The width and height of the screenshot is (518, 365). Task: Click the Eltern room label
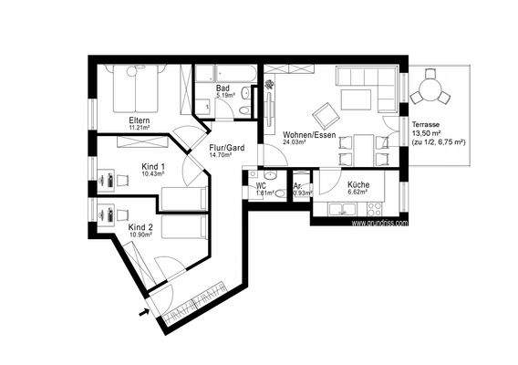[x=140, y=120]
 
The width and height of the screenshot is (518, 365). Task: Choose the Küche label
[x=358, y=185]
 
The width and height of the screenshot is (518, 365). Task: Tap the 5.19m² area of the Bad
[x=226, y=96]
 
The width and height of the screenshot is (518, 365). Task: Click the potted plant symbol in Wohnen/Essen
[x=270, y=87]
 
